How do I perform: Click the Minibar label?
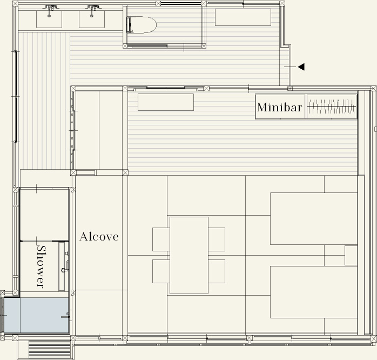click(x=279, y=108)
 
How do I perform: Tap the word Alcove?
click(x=99, y=237)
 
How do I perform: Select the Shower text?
click(x=41, y=266)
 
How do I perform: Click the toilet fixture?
click(x=142, y=24)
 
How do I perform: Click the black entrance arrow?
click(x=301, y=67)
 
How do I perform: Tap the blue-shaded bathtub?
click(x=36, y=315)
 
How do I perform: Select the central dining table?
click(x=189, y=255)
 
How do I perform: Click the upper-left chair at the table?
click(x=161, y=239)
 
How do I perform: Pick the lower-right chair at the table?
click(x=217, y=271)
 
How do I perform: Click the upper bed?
click(x=314, y=218)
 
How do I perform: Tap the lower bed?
click(x=314, y=292)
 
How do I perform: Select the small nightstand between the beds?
click(x=351, y=255)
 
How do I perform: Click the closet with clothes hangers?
click(x=332, y=106)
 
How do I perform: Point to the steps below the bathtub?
click(x=50, y=349)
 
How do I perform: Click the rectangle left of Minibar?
click(x=166, y=102)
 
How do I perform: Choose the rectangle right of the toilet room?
click(x=243, y=17)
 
